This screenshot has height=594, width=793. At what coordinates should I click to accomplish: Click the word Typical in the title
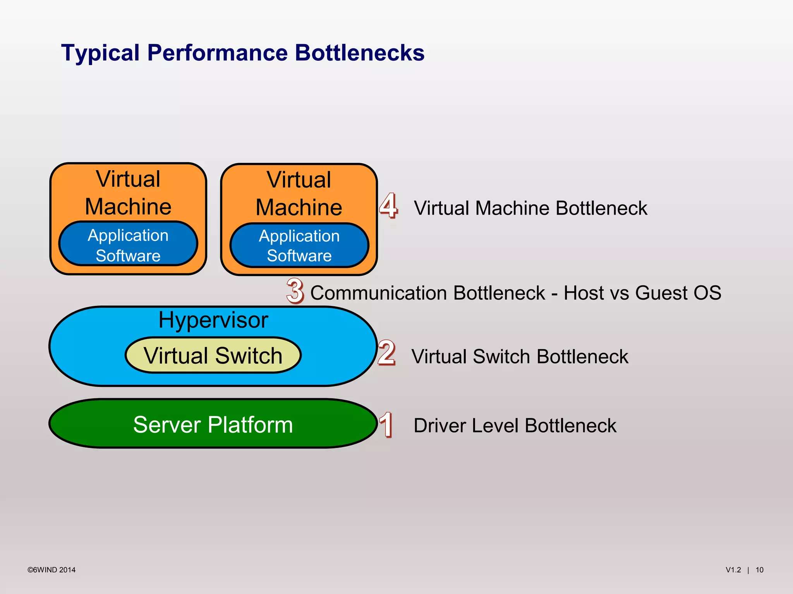point(100,53)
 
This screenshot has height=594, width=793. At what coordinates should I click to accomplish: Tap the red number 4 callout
point(388,206)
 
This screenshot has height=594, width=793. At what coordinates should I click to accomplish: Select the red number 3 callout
point(295,291)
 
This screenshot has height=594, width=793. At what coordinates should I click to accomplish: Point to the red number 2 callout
point(386,353)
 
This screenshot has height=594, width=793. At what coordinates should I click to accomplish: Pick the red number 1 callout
point(386,425)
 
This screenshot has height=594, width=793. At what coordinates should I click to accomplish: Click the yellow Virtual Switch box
point(213,355)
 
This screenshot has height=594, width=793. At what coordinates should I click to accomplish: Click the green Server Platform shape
point(213,424)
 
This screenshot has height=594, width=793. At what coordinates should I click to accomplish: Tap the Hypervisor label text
point(213,320)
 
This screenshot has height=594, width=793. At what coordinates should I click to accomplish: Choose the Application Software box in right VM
point(299,246)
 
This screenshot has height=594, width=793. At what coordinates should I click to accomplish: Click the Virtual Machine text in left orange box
point(128,193)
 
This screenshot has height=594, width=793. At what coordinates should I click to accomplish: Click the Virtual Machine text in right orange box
point(299,193)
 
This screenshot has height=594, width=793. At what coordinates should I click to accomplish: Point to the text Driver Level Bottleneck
point(515,425)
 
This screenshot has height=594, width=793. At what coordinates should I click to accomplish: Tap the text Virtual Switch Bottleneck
point(520,356)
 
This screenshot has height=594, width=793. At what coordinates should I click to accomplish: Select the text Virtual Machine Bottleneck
point(530,208)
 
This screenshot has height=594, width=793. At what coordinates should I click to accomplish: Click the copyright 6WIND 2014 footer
point(51,570)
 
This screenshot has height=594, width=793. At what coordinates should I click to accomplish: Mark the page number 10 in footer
point(759,570)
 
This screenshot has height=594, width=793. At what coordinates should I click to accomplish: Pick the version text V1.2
point(733,570)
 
